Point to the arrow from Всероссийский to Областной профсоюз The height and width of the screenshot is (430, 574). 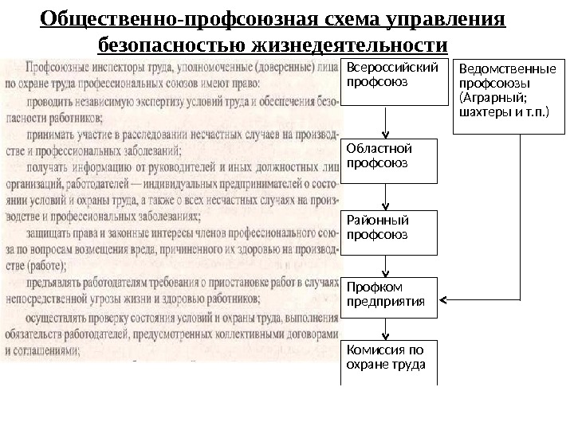tap(387, 123)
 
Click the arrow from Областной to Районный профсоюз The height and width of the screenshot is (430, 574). tap(387, 196)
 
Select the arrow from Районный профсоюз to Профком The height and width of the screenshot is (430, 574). tap(387, 266)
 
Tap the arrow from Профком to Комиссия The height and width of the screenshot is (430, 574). tap(387, 328)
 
